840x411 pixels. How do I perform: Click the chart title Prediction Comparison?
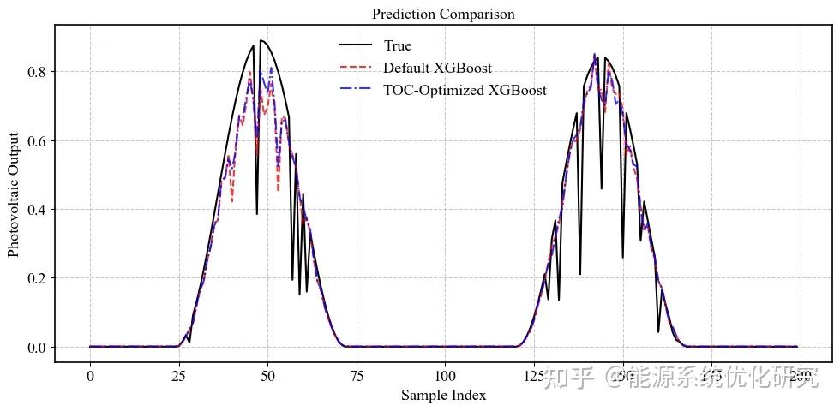point(443,14)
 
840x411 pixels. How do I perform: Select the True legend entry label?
point(398,45)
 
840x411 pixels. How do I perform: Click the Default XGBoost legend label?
point(437,68)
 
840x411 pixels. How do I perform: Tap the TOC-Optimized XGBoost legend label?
point(465,90)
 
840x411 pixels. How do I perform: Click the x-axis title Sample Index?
point(443,395)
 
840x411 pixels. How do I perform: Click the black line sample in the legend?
point(355,45)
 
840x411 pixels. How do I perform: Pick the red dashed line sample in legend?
point(355,68)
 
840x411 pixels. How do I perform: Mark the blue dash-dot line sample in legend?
point(355,90)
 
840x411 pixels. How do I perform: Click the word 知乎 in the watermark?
point(568,378)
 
